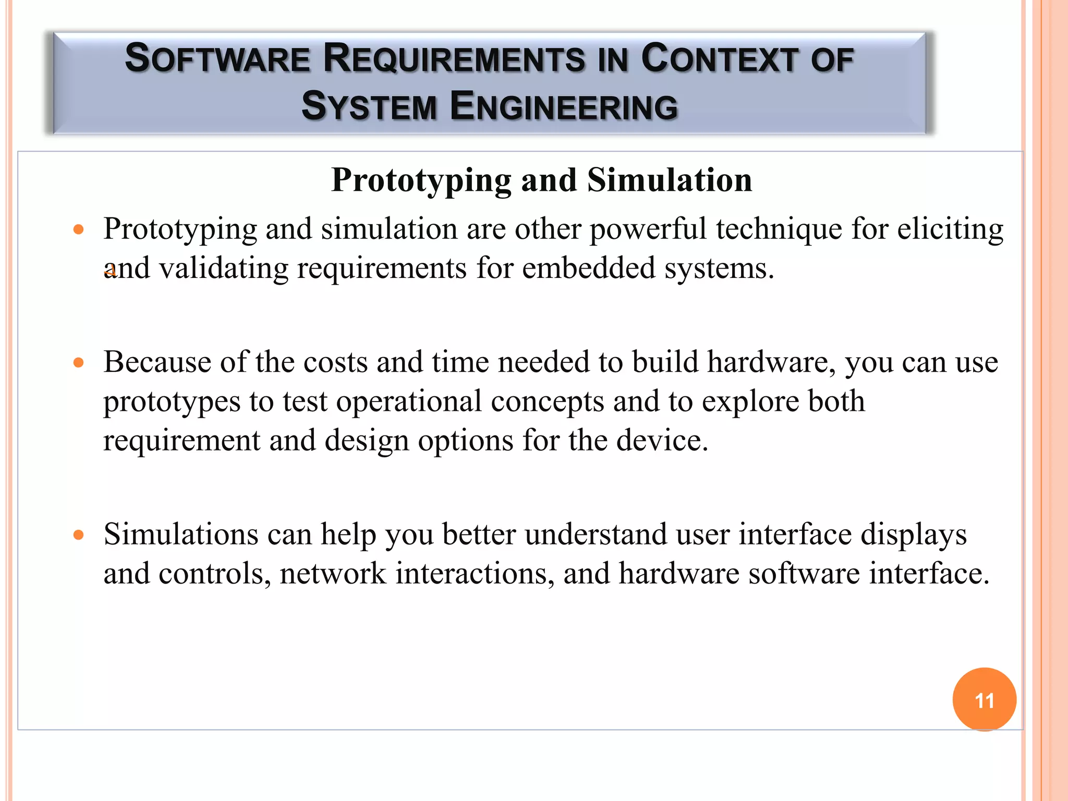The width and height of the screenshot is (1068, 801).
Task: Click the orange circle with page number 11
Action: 984,699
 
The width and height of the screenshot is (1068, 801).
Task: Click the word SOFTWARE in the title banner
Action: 218,58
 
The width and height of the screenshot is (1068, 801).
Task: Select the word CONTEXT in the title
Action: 720,58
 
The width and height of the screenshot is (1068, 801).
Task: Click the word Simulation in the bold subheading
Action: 670,180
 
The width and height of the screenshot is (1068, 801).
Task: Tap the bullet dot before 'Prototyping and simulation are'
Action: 79,229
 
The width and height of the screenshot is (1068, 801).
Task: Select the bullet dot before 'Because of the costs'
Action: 79,363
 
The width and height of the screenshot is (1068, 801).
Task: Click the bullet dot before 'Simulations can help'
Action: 79,535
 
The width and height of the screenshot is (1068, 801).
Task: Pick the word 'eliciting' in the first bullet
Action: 950,229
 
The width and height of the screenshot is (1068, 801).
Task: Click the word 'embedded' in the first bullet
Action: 588,269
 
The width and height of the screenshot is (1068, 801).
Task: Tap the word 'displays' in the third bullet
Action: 913,536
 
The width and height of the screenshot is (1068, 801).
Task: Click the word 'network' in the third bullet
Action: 333,574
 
